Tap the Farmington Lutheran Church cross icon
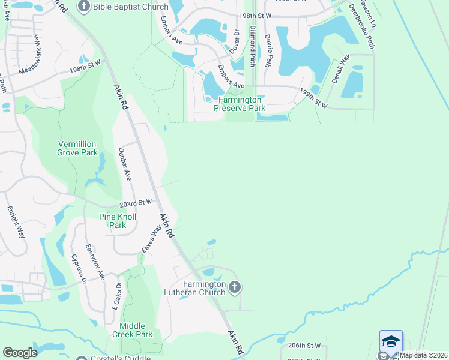pyautogui.click(x=235, y=287)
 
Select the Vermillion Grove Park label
pyautogui.click(x=77, y=148)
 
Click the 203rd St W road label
pyautogui.click(x=137, y=203)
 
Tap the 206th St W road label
pyautogui.click(x=304, y=346)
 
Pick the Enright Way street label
pyautogui.click(x=16, y=222)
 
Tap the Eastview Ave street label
pyautogui.click(x=95, y=262)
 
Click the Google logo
pyautogui.click(x=20, y=353)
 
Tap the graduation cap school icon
pyautogui.click(x=391, y=341)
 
